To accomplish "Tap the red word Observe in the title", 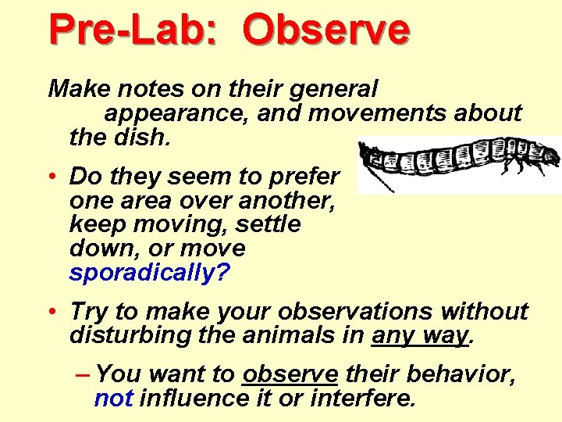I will (x=325, y=29).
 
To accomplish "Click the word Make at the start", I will (x=76, y=89).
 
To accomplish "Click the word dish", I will (x=147, y=138).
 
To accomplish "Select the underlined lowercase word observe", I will (x=290, y=374).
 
